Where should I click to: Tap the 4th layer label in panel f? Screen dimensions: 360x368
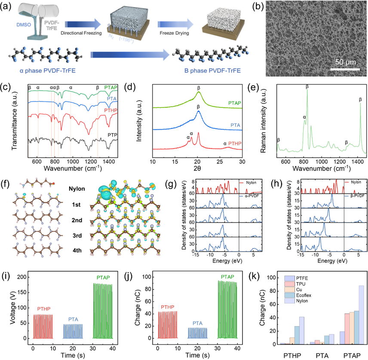[75, 246]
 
